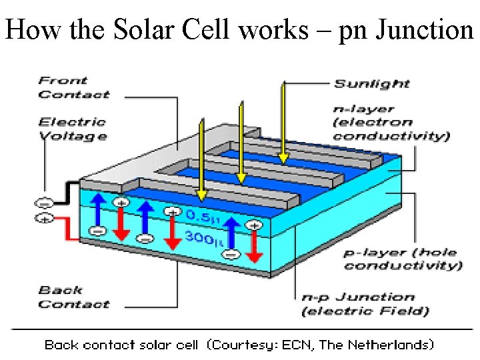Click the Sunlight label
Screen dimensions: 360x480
tap(371, 83)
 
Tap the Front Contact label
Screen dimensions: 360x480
tap(73, 87)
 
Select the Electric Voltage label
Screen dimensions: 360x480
tap(72, 129)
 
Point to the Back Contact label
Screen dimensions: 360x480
tap(73, 297)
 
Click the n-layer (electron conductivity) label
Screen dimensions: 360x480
tap(391, 123)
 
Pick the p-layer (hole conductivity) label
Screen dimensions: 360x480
tap(402, 259)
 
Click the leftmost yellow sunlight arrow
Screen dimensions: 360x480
tap(201, 157)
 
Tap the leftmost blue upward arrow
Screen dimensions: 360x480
tap(99, 213)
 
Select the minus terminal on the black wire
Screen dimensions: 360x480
tap(45, 203)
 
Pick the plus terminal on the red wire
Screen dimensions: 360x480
tap(45, 218)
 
